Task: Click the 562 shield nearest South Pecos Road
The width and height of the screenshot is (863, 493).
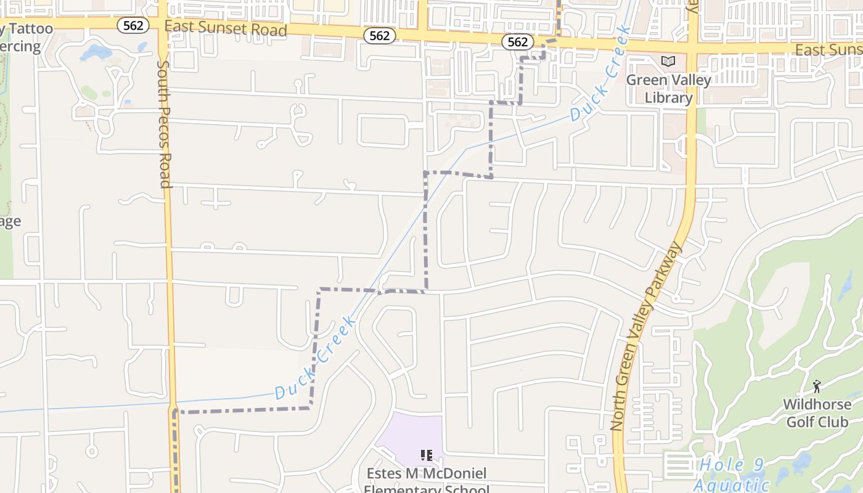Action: tap(133, 25)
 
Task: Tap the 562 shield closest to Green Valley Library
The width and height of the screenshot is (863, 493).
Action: tap(518, 41)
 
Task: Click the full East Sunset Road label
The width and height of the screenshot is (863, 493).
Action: tap(226, 28)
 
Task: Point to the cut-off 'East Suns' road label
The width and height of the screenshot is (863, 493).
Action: tap(828, 49)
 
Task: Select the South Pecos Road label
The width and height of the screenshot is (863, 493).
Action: tap(163, 123)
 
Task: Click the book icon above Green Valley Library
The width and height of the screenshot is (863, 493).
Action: tap(668, 61)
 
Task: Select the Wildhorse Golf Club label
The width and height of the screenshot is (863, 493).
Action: tap(817, 414)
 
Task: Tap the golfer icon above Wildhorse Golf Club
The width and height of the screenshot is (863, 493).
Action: tap(817, 386)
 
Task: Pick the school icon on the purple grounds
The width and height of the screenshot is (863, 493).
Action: tap(426, 455)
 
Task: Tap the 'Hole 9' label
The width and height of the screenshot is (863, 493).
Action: tap(732, 465)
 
